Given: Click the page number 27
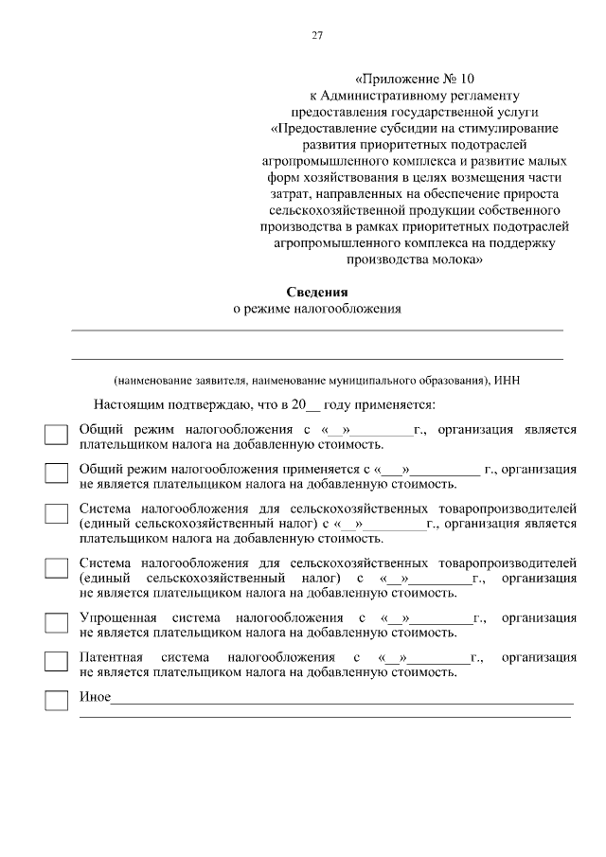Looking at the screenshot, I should coord(317,36).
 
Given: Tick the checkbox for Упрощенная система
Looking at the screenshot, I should coord(57,624).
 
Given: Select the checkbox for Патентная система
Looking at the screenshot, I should coord(57,662).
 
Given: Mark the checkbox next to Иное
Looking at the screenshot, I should coord(57,701).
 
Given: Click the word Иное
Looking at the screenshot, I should coord(95,699).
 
